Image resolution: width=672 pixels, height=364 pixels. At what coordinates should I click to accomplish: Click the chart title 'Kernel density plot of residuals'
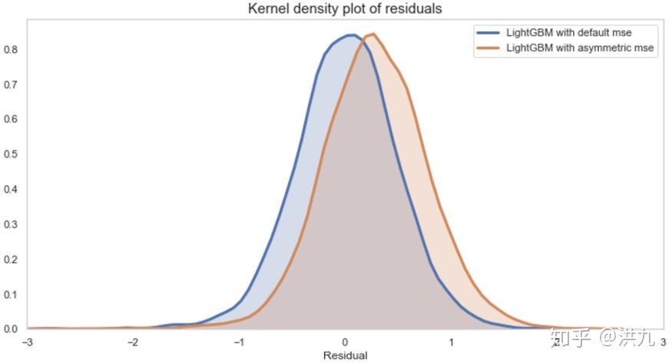[x=345, y=9]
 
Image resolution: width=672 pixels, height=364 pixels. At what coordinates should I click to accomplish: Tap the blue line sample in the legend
[x=488, y=33]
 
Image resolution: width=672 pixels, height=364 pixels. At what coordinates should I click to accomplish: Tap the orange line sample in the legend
[x=488, y=48]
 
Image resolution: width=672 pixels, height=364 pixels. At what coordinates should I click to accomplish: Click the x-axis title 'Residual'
[x=345, y=356]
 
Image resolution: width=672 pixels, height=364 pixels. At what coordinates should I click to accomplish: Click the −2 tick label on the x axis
[x=132, y=342]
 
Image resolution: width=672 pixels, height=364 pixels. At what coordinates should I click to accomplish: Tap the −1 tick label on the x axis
[x=238, y=342]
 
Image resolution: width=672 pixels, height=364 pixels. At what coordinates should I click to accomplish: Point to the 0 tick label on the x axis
[x=346, y=342]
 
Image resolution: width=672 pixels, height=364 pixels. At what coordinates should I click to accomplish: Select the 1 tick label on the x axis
[x=452, y=342]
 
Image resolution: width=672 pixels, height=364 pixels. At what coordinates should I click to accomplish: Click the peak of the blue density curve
[x=350, y=35]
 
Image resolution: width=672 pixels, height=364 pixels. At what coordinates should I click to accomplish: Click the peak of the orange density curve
[x=372, y=34]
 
